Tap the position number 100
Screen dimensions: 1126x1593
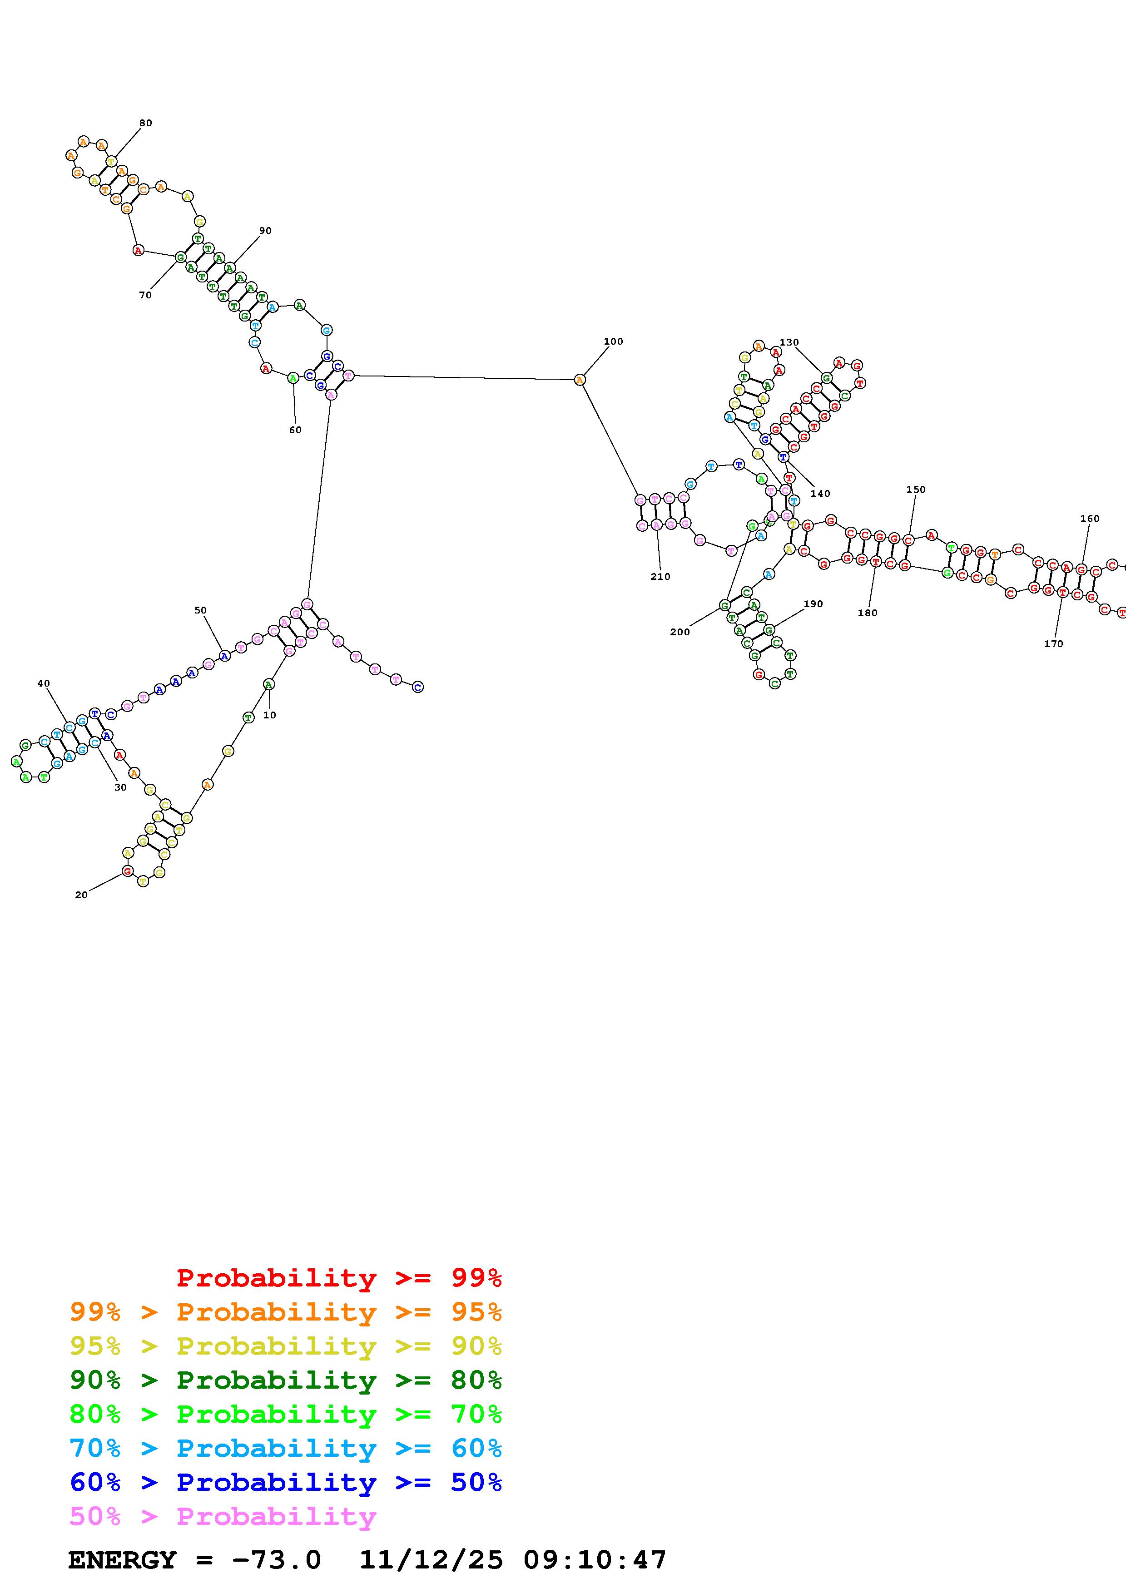[x=613, y=341]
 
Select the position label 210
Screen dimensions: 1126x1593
[x=660, y=577]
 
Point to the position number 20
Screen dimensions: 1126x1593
[x=81, y=895]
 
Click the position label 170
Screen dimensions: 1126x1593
[x=1053, y=644]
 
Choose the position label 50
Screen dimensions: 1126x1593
[x=200, y=611]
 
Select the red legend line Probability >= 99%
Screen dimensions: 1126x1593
[x=338, y=1278]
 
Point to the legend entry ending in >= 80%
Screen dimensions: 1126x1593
[x=285, y=1380]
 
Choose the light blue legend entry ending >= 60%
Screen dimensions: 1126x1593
[x=285, y=1449]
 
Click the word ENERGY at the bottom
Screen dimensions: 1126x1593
[x=122, y=1560]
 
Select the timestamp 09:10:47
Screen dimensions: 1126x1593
[x=595, y=1560]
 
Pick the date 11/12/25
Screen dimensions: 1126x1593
[x=431, y=1560]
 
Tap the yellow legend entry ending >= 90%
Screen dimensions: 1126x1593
[x=285, y=1346]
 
